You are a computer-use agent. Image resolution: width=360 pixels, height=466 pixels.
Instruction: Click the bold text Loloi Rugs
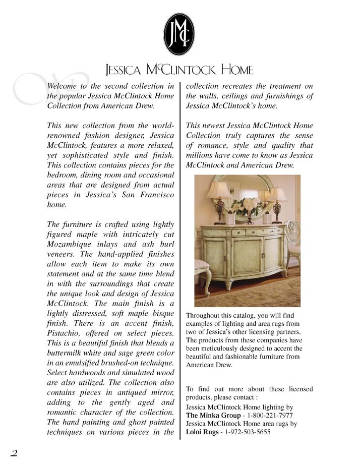click(x=203, y=433)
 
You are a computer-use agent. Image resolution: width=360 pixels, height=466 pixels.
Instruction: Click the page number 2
click(x=14, y=452)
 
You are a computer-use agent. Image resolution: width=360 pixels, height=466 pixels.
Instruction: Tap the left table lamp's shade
click(x=218, y=190)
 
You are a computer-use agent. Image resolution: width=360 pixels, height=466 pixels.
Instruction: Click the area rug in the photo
click(x=247, y=298)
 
